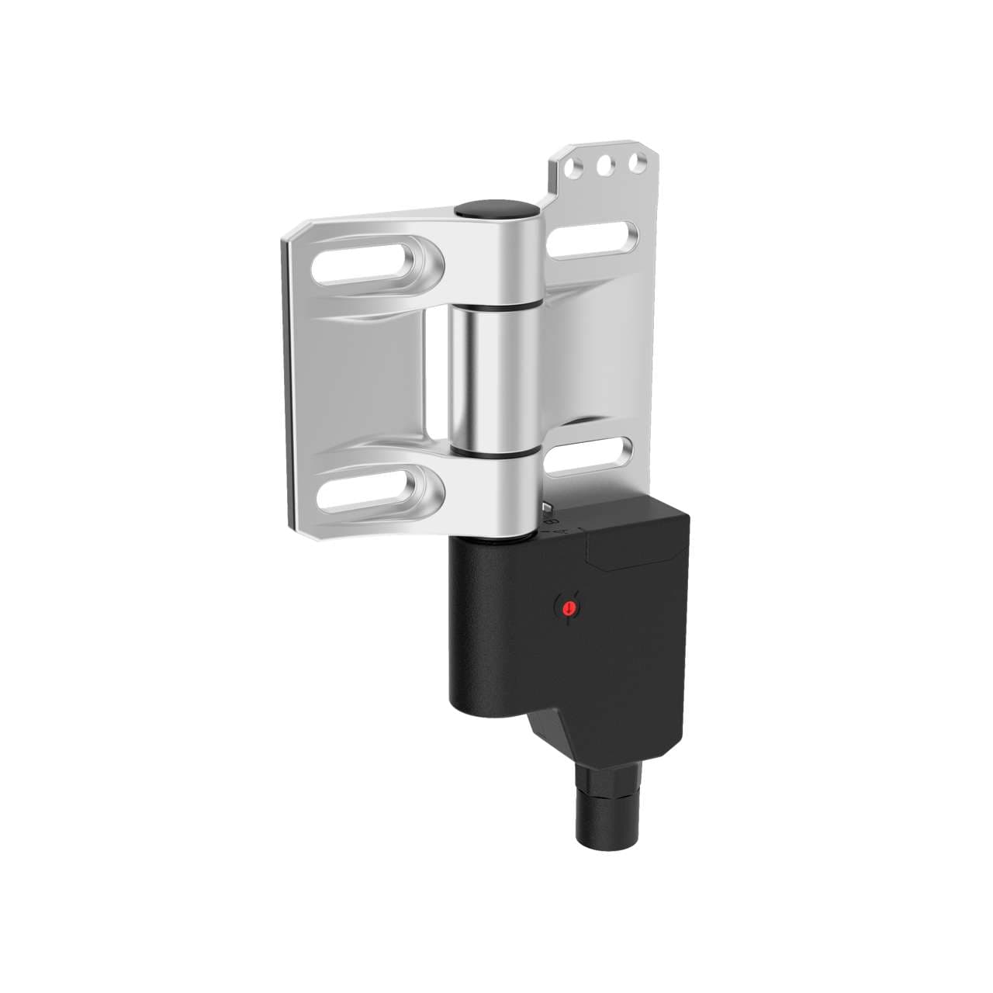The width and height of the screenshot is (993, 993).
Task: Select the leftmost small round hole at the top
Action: click(x=575, y=168)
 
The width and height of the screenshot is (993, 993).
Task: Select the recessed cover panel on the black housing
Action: click(x=636, y=541)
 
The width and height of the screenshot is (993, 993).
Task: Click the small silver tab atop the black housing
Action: click(x=548, y=508)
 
